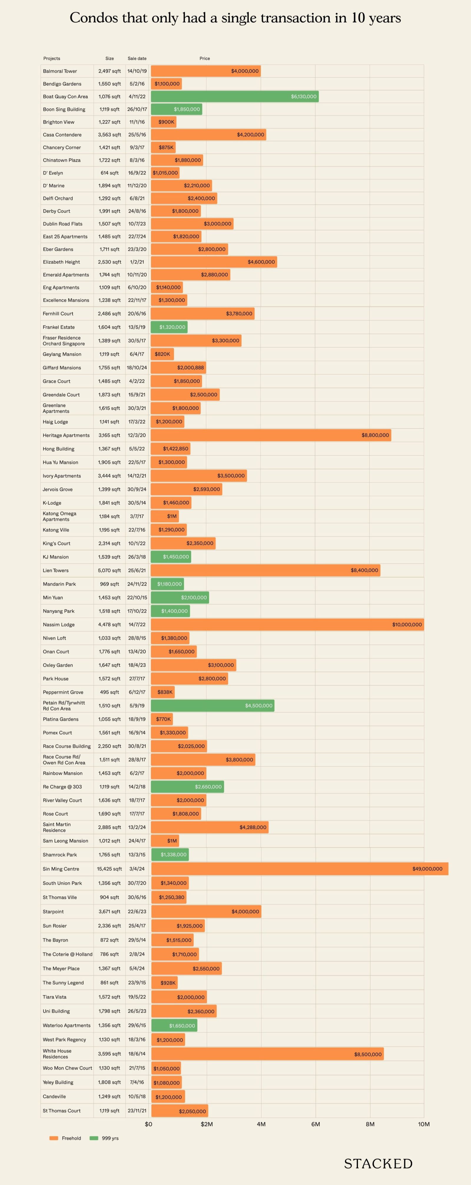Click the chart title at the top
coord(235,18)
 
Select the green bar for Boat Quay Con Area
coord(235,97)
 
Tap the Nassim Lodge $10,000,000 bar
coord(287,624)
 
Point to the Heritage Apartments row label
coord(66,435)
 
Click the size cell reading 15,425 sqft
coord(110,869)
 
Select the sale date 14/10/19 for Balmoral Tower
coord(137,71)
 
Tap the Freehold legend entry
coord(65,1138)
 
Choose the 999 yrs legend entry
coord(105,1138)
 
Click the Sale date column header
coord(137,58)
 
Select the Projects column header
coord(52,58)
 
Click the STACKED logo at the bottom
coord(378,1164)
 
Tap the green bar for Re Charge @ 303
coord(187,787)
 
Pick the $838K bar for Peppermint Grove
coord(163,692)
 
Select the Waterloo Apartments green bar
coord(174,1025)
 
